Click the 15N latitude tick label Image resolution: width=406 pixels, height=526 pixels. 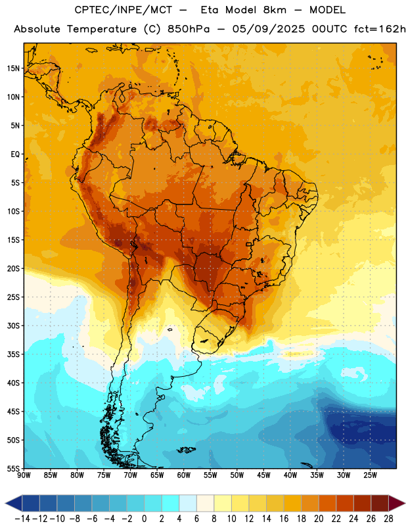tap(13, 68)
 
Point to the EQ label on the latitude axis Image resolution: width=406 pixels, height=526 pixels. tap(15, 155)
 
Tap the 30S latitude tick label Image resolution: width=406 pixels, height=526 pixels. tap(13, 325)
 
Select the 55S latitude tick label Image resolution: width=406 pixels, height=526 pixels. tap(13, 469)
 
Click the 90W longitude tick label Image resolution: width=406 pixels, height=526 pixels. tap(24, 475)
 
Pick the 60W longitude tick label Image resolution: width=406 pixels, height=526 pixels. tap(184, 475)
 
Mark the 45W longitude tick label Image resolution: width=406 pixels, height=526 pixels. tap(263, 475)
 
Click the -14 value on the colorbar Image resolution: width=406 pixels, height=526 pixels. tap(22, 519)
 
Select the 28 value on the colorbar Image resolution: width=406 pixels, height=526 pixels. tap(388, 519)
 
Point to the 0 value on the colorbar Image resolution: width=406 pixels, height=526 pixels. tap(144, 519)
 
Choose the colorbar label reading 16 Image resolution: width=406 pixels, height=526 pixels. tap(284, 519)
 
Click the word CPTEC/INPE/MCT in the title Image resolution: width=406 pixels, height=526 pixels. tap(123, 10)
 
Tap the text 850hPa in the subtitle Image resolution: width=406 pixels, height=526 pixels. tap(188, 29)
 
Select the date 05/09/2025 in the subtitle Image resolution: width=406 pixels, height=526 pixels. tap(269, 29)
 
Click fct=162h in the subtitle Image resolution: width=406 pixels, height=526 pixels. tap(380, 29)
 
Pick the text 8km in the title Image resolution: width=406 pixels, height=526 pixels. tap(275, 10)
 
